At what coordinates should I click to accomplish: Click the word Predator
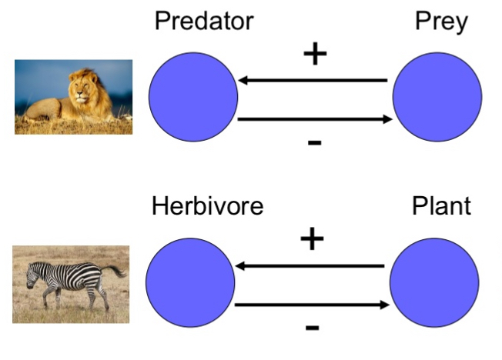pos(203,21)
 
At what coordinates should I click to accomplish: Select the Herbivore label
pos(207,206)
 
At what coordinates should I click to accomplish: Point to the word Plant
pos(441,206)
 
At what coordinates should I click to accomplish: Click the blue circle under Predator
pos(193,98)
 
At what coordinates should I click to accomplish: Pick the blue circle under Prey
pos(437,98)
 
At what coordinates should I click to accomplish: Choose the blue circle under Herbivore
pos(190,282)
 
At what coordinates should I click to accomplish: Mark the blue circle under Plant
pos(434,282)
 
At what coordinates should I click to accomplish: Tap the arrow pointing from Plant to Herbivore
pos(310,266)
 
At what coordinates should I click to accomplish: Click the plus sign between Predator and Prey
pos(314,55)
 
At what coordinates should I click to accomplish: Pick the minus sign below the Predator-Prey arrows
pos(314,143)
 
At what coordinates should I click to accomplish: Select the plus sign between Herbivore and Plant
pos(312,240)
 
